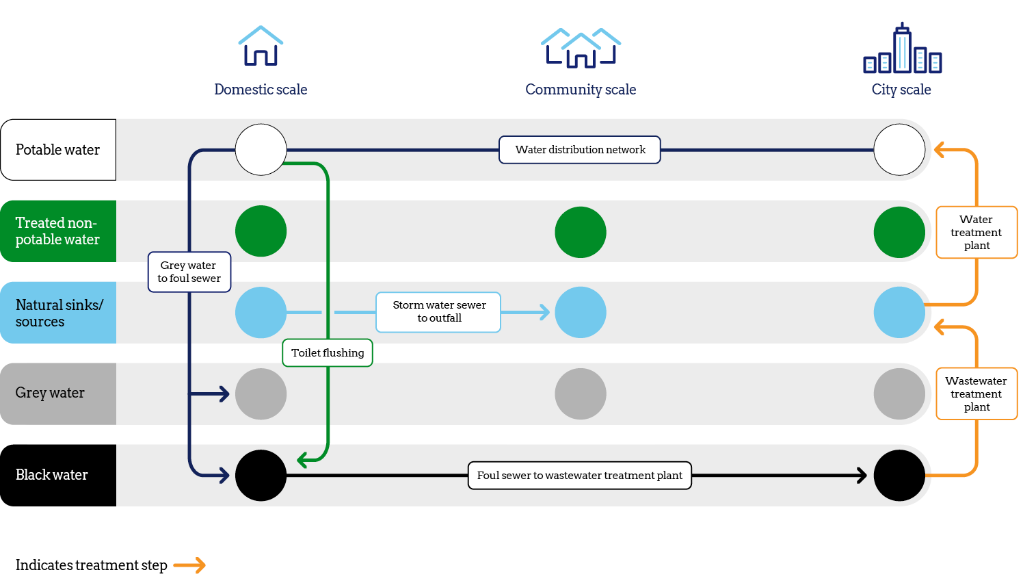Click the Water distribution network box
click(x=580, y=150)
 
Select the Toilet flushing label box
click(x=328, y=353)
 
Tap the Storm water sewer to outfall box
click(x=438, y=312)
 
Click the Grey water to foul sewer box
click(x=189, y=272)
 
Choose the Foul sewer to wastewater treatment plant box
click(x=579, y=476)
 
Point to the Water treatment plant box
click(x=976, y=233)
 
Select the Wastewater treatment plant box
click(x=976, y=394)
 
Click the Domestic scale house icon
click(x=261, y=47)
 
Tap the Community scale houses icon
click(x=581, y=48)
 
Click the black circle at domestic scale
click(x=261, y=476)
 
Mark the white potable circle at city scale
click(x=899, y=150)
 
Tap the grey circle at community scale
click(x=581, y=394)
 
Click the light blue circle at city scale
click(x=899, y=313)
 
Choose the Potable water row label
click(x=58, y=150)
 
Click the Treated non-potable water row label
click(x=58, y=231)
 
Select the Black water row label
click(x=58, y=476)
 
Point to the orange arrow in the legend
click(x=189, y=565)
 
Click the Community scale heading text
click(x=581, y=90)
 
